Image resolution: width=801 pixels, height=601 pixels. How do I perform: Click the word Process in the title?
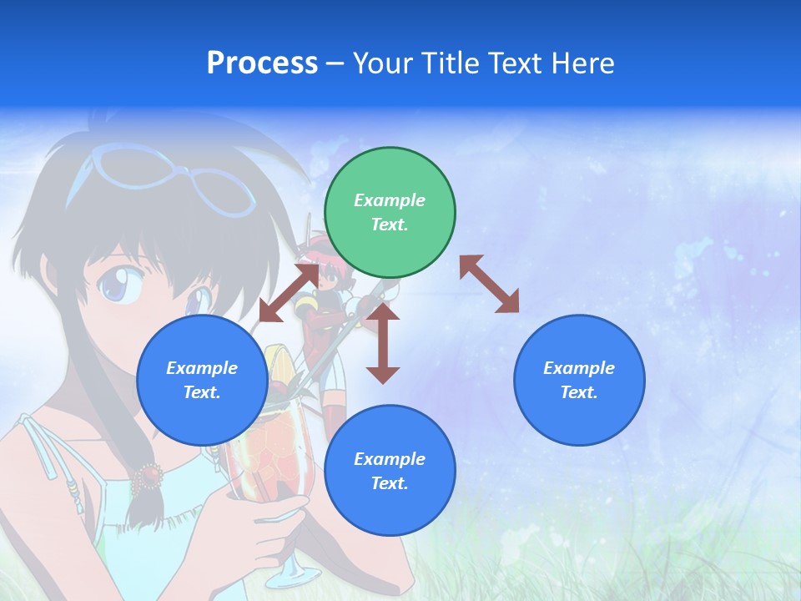click(x=262, y=63)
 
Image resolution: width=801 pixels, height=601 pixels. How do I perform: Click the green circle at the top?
click(x=390, y=212)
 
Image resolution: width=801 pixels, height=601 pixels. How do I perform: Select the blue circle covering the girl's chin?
click(x=202, y=380)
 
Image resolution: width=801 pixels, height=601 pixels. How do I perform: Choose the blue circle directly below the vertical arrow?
click(x=390, y=471)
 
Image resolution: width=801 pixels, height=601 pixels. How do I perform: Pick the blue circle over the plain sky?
click(x=579, y=380)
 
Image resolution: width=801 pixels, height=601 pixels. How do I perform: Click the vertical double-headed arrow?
click(x=383, y=343)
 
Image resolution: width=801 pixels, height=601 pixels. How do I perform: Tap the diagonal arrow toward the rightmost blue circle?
click(x=489, y=284)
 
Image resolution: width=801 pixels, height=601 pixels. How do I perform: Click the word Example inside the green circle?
click(x=390, y=200)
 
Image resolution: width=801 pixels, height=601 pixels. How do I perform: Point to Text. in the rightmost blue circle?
click(x=579, y=392)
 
